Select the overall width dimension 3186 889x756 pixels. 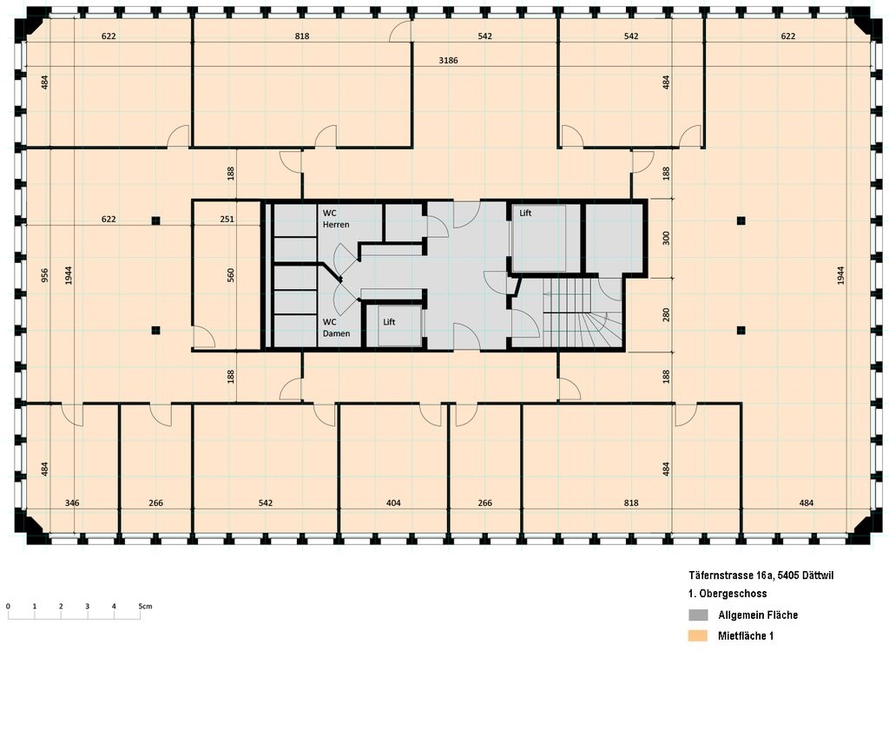pos(448,60)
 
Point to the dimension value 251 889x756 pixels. pos(227,220)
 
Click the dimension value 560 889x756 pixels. pos(231,274)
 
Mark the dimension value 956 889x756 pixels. pos(44,274)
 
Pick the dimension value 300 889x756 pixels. pos(666,238)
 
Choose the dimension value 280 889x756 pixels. pos(666,314)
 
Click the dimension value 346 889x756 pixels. pos(73,503)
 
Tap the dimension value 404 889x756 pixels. pos(393,503)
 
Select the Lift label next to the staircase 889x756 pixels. pos(525,213)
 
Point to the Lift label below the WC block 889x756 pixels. pos(389,322)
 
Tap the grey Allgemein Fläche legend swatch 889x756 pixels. pos(698,615)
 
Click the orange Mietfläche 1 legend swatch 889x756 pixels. pos(698,636)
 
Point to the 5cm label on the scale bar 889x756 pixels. pos(145,606)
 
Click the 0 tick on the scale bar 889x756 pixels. pos(8,606)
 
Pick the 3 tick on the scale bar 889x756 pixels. pos(87,606)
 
